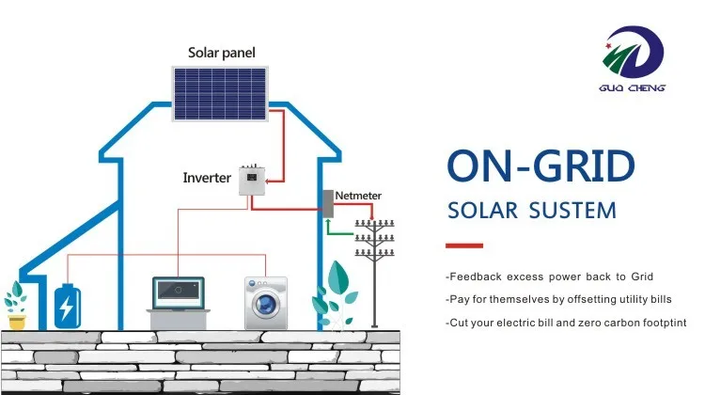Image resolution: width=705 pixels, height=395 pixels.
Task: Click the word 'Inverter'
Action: [x=207, y=177]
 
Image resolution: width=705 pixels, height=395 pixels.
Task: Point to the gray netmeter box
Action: [x=328, y=205]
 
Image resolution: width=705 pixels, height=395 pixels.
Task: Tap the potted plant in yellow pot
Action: [x=16, y=306]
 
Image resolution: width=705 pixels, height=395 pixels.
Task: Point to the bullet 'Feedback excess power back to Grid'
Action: [x=549, y=277]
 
